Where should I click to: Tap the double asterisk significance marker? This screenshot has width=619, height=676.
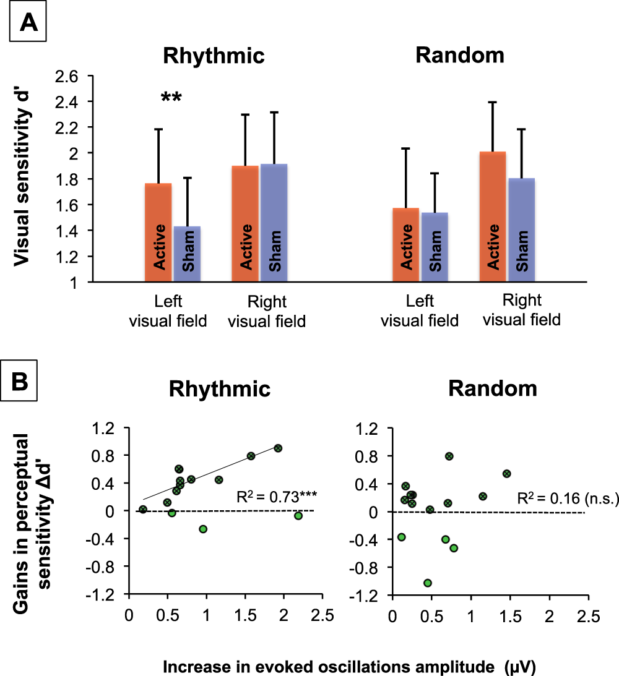[171, 98]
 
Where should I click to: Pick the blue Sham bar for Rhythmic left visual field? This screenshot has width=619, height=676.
[186, 254]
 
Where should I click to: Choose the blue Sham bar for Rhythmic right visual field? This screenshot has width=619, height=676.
[273, 223]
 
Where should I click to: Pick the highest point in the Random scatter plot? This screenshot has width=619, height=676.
[449, 456]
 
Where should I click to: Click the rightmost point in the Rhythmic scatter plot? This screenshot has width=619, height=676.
[298, 515]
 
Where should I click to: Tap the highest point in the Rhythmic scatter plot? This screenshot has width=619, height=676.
[278, 448]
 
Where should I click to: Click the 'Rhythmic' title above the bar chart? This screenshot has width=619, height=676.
[214, 56]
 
